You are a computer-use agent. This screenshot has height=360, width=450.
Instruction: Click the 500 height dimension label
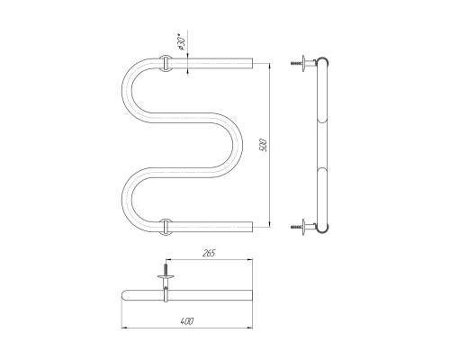click(x=264, y=145)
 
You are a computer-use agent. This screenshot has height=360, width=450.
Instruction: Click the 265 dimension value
click(x=209, y=254)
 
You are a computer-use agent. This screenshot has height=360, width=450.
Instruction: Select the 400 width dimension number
click(x=187, y=321)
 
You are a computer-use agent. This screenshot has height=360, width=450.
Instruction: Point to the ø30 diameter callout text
click(x=182, y=44)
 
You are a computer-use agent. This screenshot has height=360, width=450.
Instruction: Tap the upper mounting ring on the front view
click(x=166, y=63)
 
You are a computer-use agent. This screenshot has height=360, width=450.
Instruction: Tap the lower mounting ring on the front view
click(x=166, y=227)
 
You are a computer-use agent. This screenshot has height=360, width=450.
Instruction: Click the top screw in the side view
click(x=296, y=63)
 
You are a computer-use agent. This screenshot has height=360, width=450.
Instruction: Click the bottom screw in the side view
click(x=296, y=227)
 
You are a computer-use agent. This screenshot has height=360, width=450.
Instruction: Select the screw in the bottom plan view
click(x=166, y=269)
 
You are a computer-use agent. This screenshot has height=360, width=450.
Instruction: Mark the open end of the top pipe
click(x=252, y=63)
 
